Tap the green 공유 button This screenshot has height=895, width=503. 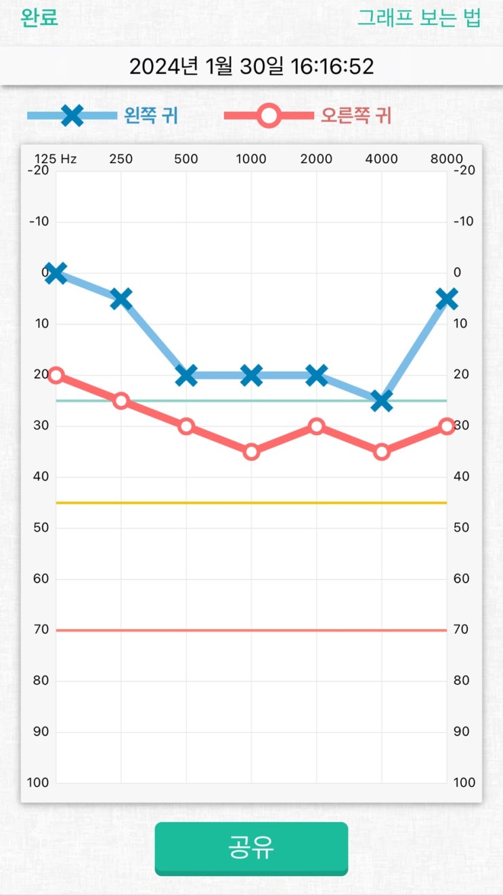pyautogui.click(x=251, y=848)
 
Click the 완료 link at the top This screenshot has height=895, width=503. pyautogui.click(x=39, y=18)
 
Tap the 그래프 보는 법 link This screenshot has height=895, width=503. pyautogui.click(x=419, y=18)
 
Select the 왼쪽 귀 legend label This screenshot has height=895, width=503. pyautogui.click(x=151, y=116)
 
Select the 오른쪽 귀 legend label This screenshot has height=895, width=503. pyautogui.click(x=356, y=116)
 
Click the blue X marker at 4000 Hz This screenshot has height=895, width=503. pyautogui.click(x=381, y=400)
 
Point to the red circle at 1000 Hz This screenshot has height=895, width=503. pyautogui.click(x=251, y=451)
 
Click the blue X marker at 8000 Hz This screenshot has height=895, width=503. pyautogui.click(x=446, y=298)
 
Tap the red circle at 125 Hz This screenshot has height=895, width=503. pyautogui.click(x=56, y=375)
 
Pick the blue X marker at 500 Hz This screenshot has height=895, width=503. pyautogui.click(x=186, y=375)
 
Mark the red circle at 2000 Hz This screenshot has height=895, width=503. pyautogui.click(x=316, y=426)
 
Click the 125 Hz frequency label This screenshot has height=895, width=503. pyautogui.click(x=56, y=160)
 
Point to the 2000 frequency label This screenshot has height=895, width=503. pyautogui.click(x=316, y=160)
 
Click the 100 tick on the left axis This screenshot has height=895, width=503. pyautogui.click(x=38, y=783)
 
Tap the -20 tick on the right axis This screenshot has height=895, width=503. pyautogui.click(x=464, y=170)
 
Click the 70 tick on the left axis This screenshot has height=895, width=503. pyautogui.click(x=41, y=629)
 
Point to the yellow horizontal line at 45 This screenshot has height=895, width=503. pyautogui.click(x=251, y=503)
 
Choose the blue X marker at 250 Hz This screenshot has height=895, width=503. pyautogui.click(x=121, y=298)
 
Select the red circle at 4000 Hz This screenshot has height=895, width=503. pyautogui.click(x=381, y=451)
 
